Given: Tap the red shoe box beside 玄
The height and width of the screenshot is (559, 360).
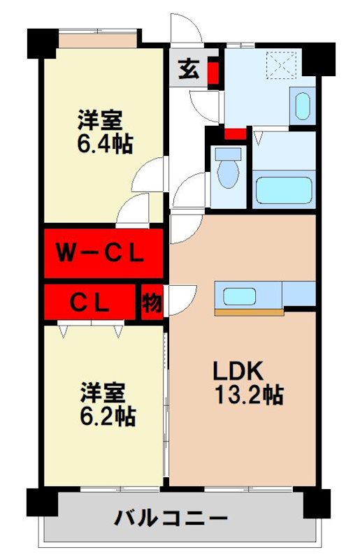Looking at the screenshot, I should [213, 73].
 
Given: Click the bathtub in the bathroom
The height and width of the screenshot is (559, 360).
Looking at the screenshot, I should [285, 189].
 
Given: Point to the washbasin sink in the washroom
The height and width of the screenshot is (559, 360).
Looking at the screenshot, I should [302, 106].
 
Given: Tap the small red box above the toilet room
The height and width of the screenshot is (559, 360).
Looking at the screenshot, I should [235, 133].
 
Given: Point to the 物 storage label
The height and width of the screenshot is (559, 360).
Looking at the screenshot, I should [151, 302].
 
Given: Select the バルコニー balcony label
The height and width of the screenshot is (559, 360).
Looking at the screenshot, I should [171, 518].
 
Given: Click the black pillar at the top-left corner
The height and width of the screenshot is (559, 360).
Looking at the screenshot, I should [41, 44].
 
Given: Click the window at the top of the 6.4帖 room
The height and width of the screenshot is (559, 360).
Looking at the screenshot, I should [97, 39].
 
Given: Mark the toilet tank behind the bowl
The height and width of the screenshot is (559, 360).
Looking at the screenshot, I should [226, 154].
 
